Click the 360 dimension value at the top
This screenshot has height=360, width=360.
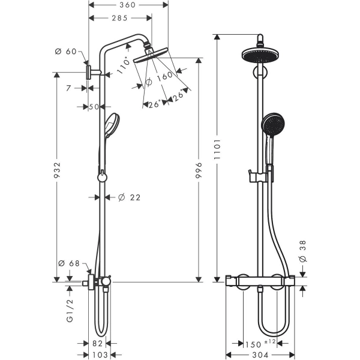(x=127, y=5)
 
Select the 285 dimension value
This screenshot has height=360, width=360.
(x=119, y=18)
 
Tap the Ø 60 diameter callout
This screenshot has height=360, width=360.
(x=65, y=52)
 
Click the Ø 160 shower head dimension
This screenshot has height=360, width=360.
(x=159, y=78)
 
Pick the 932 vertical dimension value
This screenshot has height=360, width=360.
(x=57, y=170)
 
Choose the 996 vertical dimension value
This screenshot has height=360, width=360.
(x=199, y=170)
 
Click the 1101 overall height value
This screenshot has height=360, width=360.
(x=217, y=149)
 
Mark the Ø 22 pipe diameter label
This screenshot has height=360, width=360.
(x=129, y=197)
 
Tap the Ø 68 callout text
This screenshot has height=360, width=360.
(x=69, y=263)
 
